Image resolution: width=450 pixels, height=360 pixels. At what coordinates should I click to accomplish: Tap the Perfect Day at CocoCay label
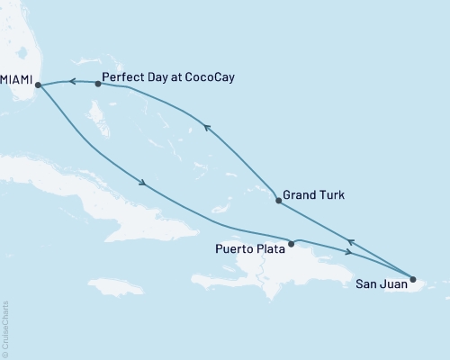pos(168,77)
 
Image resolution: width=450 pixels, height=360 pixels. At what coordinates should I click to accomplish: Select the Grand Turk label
pos(313,193)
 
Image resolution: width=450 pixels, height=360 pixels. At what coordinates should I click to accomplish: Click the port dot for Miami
pos(38,86)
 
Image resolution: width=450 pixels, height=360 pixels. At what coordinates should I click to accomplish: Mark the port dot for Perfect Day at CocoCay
pos(97,84)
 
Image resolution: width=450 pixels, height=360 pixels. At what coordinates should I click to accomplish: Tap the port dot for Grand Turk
pos(278,201)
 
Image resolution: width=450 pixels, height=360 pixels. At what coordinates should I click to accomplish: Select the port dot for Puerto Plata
pos(290,243)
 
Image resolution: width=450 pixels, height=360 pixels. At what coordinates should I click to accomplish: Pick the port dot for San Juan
pos(413,278)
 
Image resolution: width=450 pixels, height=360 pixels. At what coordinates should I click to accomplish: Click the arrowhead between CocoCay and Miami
pos(71,82)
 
